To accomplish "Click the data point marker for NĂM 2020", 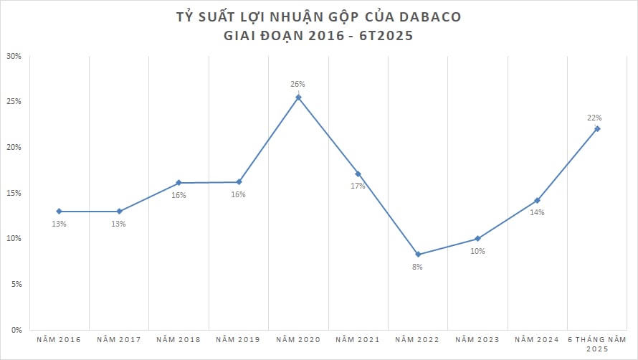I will pyautogui.click(x=298, y=98).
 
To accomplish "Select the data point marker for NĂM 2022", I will pyautogui.click(x=418, y=255).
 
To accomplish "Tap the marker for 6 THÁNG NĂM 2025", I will pyautogui.click(x=597, y=129).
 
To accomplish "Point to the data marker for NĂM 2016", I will pyautogui.click(x=59, y=212).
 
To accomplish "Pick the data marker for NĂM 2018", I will pyautogui.click(x=178, y=183).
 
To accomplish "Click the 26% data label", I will pyautogui.click(x=297, y=85).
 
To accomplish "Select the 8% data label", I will pyautogui.click(x=417, y=267).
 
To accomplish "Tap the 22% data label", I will pyautogui.click(x=594, y=118).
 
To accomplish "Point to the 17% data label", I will pyautogui.click(x=358, y=186).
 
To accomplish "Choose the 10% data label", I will pyautogui.click(x=477, y=251).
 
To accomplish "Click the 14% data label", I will pyautogui.click(x=537, y=212).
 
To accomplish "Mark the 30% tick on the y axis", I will pyautogui.click(x=14, y=56).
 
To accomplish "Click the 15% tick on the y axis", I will pyautogui.click(x=14, y=193).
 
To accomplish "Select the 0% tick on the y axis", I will pyautogui.click(x=16, y=330).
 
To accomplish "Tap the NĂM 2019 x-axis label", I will pyautogui.click(x=238, y=338).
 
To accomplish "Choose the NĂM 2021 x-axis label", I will pyautogui.click(x=358, y=338).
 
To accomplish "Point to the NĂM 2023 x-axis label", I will pyautogui.click(x=477, y=338).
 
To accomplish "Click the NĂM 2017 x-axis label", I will pyautogui.click(x=118, y=338).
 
